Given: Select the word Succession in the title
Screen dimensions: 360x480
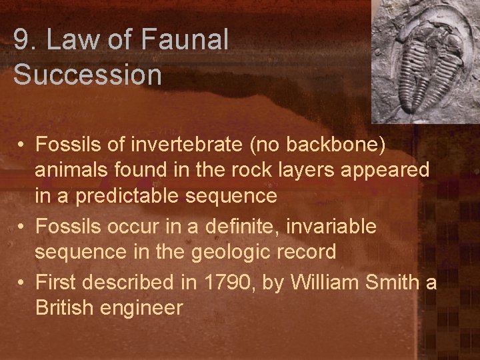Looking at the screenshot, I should point(87,75).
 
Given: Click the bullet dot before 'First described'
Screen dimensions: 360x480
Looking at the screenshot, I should point(22,283).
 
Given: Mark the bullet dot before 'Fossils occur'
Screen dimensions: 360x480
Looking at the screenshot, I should point(22,227).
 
